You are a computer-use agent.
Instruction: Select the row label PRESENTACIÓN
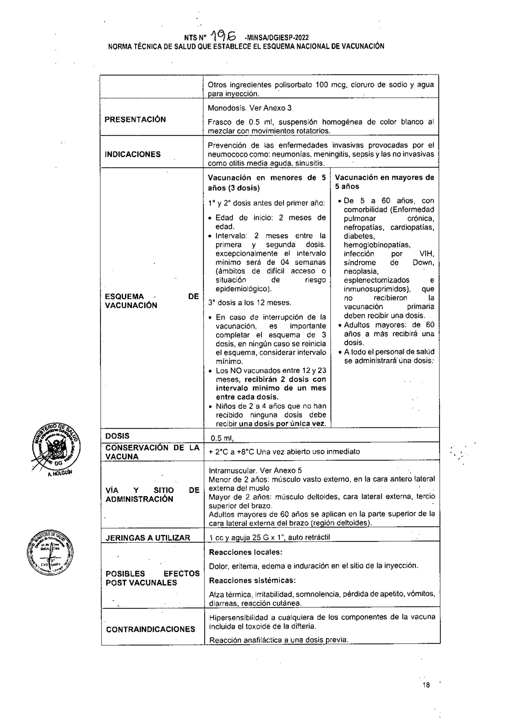135,120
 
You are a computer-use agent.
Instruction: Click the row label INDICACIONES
132,154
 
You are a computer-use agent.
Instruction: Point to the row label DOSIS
117,436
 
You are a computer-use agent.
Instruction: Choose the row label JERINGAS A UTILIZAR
148,538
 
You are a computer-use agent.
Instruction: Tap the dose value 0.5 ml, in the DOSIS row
222,438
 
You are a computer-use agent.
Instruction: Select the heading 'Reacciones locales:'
246,552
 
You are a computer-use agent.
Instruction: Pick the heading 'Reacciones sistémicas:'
252,580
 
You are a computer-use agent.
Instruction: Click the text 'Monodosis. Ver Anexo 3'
249,108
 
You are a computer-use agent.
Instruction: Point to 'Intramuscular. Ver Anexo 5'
255,470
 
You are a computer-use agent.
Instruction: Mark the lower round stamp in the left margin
50,553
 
